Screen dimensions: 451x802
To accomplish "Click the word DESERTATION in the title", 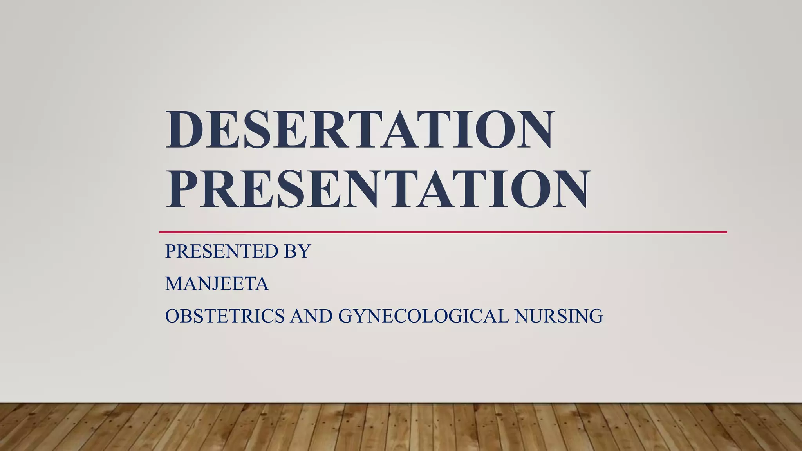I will pos(359,129).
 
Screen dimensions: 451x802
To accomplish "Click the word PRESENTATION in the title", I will pos(377,189).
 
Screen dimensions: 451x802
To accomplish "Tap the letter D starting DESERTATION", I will pos(185,129).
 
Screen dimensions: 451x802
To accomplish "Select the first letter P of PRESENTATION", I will pos(182,189).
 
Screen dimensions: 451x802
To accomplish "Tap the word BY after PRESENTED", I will pos(297,251).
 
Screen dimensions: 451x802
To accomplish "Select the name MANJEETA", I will pos(217,284).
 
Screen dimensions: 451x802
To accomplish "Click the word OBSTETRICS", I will pos(225,316).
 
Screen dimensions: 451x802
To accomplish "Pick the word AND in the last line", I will pos(311,316).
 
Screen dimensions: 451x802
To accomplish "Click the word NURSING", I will pos(559,316).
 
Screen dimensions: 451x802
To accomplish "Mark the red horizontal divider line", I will pos(443,232).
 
